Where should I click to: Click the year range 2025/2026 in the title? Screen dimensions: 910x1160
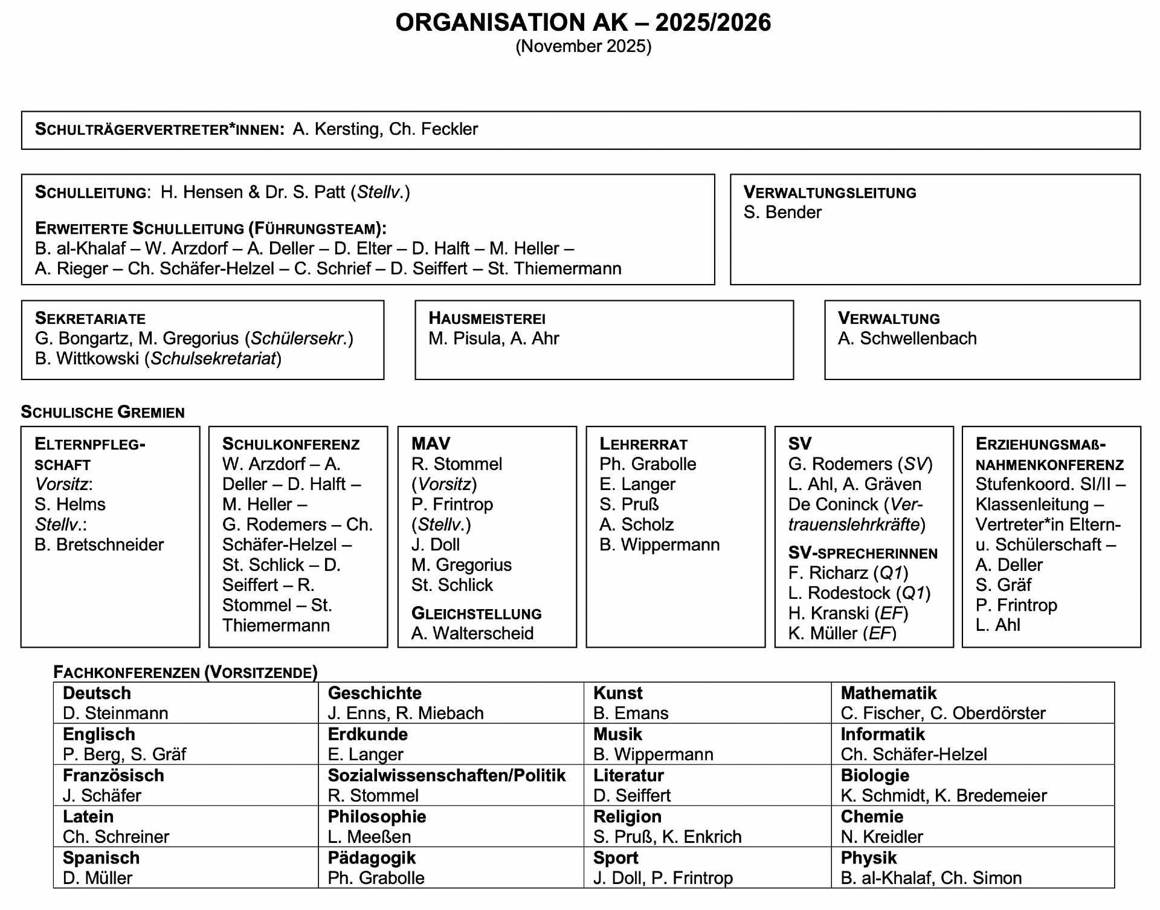(x=713, y=23)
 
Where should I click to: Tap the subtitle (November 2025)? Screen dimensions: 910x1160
(x=583, y=47)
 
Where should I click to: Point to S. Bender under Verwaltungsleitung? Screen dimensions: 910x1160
(x=782, y=213)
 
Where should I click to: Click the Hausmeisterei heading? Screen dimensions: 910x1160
(x=486, y=318)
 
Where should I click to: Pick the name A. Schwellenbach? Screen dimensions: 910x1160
(x=907, y=338)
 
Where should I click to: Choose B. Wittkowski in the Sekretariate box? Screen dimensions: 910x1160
(x=87, y=359)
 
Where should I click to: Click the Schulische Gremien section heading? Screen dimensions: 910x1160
(x=103, y=412)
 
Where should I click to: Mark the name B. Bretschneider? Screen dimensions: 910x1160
(x=99, y=545)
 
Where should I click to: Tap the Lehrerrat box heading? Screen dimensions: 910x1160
(x=643, y=444)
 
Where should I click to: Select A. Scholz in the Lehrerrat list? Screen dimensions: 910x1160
(x=636, y=524)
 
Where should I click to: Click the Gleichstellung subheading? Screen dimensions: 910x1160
(x=476, y=614)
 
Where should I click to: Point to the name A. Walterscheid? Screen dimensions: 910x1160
(x=472, y=634)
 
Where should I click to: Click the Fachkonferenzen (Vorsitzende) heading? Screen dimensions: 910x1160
(x=185, y=673)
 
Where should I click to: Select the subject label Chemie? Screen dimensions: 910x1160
(x=872, y=817)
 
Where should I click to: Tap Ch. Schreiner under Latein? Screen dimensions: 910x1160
(x=116, y=837)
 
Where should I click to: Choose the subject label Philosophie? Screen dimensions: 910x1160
(x=377, y=817)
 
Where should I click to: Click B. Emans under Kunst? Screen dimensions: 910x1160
(x=631, y=714)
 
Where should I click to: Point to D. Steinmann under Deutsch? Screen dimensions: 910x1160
(x=115, y=714)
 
